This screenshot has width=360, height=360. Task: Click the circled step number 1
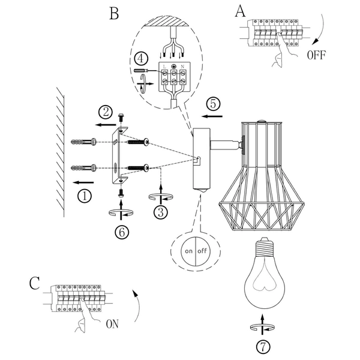(85, 196)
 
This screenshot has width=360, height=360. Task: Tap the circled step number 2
(106, 112)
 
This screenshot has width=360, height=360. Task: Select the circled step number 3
(160, 211)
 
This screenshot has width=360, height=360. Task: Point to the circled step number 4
(140, 59)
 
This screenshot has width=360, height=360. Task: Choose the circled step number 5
(215, 102)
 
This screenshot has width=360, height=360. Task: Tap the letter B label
(114, 13)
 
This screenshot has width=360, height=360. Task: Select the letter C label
(34, 283)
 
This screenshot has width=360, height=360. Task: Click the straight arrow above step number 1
(82, 181)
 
